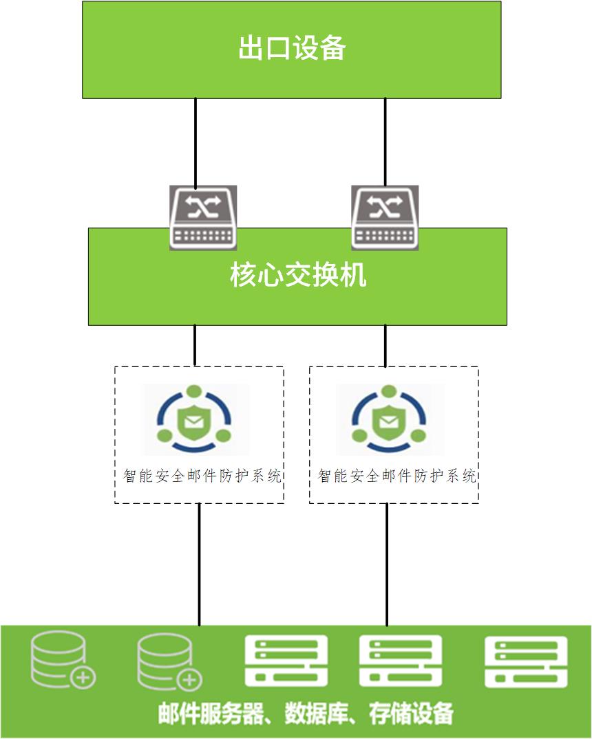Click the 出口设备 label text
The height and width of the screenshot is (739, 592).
coord(292,47)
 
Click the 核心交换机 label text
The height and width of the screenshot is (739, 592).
coord(298,275)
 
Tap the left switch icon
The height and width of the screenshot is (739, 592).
coord(203,217)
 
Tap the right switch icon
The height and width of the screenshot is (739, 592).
coord(385,217)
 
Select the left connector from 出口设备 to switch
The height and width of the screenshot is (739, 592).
coord(195,142)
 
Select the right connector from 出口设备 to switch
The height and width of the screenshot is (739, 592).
coord(385,142)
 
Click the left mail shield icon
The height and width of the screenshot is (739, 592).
coord(195,419)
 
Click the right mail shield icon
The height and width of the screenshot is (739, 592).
coord(389,419)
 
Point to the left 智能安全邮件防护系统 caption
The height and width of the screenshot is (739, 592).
coord(202,476)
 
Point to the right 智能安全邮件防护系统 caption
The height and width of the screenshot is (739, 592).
coord(397,476)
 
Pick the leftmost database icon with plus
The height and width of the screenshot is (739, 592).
coord(63,660)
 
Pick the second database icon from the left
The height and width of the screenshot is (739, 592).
coord(169,661)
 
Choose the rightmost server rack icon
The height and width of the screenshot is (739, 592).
coord(526,661)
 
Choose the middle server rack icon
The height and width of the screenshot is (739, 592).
coord(401,661)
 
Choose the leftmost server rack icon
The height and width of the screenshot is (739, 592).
coord(286,661)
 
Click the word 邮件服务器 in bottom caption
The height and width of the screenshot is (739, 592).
coord(211,714)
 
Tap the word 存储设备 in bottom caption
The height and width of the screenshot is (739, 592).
coord(411,714)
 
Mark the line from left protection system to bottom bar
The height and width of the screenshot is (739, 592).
coord(199,564)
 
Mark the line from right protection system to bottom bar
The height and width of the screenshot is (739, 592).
coord(387,564)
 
